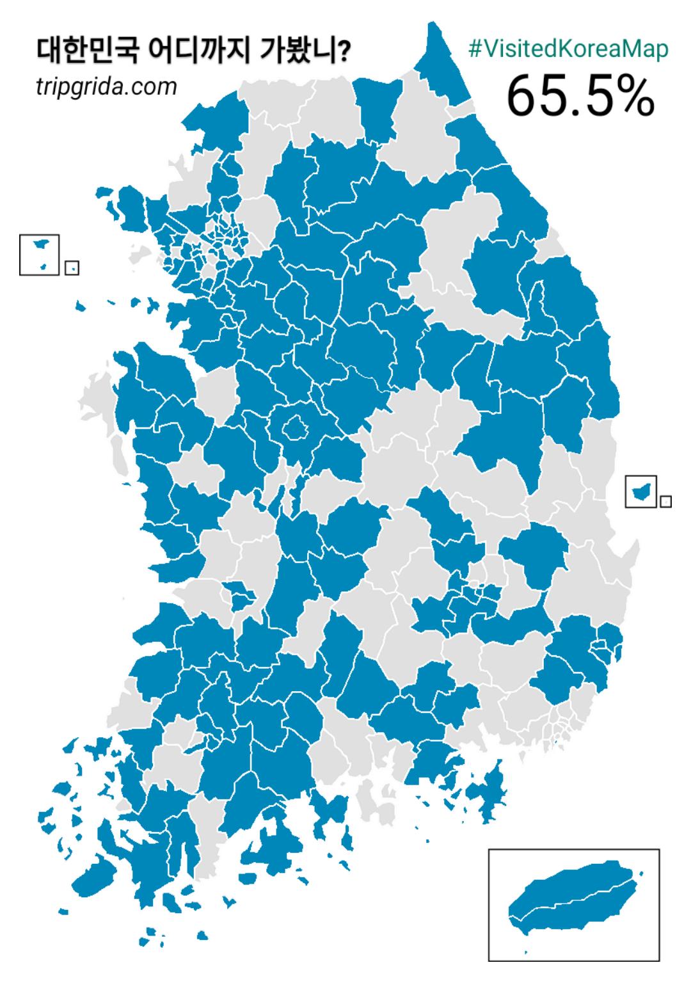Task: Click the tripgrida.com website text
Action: click(106, 86)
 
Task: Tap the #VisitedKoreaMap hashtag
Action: click(569, 49)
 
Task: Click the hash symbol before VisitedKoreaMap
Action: click(475, 49)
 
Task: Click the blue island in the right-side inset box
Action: click(640, 491)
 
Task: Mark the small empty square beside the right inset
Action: click(666, 502)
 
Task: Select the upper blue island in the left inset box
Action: click(40, 244)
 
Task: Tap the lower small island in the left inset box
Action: click(43, 266)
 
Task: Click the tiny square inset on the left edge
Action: click(72, 267)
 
